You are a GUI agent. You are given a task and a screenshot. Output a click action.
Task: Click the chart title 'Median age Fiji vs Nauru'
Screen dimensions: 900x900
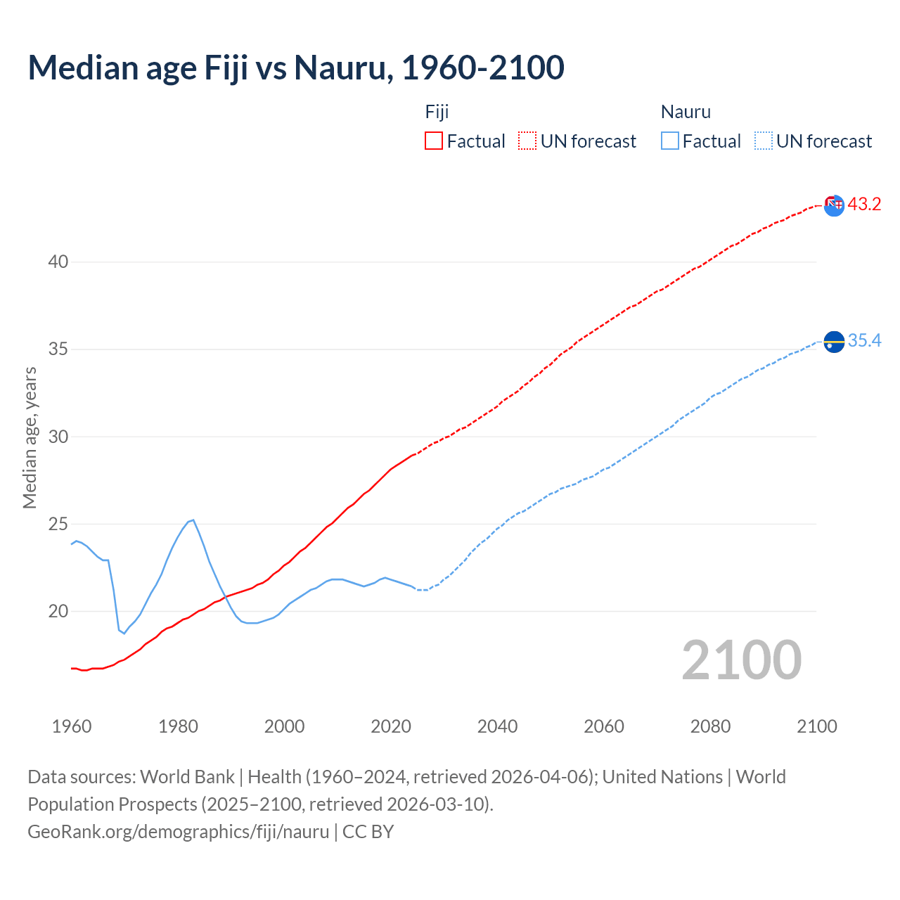(x=295, y=67)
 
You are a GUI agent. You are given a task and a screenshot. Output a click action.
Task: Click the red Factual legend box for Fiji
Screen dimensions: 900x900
(x=434, y=141)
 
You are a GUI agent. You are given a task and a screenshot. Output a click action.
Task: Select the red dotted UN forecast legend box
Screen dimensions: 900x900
(x=527, y=141)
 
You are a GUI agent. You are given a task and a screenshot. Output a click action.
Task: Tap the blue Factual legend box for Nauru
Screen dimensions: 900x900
(x=670, y=141)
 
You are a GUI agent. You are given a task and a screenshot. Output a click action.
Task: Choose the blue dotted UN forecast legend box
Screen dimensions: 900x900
(x=763, y=141)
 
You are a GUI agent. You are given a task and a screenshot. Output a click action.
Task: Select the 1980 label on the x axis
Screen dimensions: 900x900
(x=178, y=726)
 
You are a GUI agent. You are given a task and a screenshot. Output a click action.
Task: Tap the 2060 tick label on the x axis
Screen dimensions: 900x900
(x=603, y=726)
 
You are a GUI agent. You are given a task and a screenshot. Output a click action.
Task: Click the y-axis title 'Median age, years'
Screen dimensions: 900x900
(x=30, y=437)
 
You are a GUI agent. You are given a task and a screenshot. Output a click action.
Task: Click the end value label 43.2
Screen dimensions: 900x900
(x=864, y=205)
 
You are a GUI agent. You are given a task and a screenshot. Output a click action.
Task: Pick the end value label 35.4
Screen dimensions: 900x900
(x=864, y=341)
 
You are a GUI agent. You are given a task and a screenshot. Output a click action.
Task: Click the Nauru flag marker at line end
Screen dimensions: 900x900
(x=833, y=342)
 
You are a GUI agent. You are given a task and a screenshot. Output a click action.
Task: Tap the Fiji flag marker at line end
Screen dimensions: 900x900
(x=833, y=205)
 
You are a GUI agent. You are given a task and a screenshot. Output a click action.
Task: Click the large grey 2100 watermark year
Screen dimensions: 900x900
(x=741, y=660)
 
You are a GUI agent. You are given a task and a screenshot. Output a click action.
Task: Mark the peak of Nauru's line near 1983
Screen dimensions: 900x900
(x=193, y=520)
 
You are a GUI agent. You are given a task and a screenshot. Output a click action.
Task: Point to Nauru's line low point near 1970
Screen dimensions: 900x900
(x=124, y=633)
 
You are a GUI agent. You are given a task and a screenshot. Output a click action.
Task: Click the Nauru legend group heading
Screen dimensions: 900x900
(x=686, y=112)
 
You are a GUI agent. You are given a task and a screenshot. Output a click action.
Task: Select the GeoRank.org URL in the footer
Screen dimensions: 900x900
(x=178, y=831)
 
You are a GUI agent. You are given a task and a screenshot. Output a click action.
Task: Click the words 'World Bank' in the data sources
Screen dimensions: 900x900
(x=187, y=777)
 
